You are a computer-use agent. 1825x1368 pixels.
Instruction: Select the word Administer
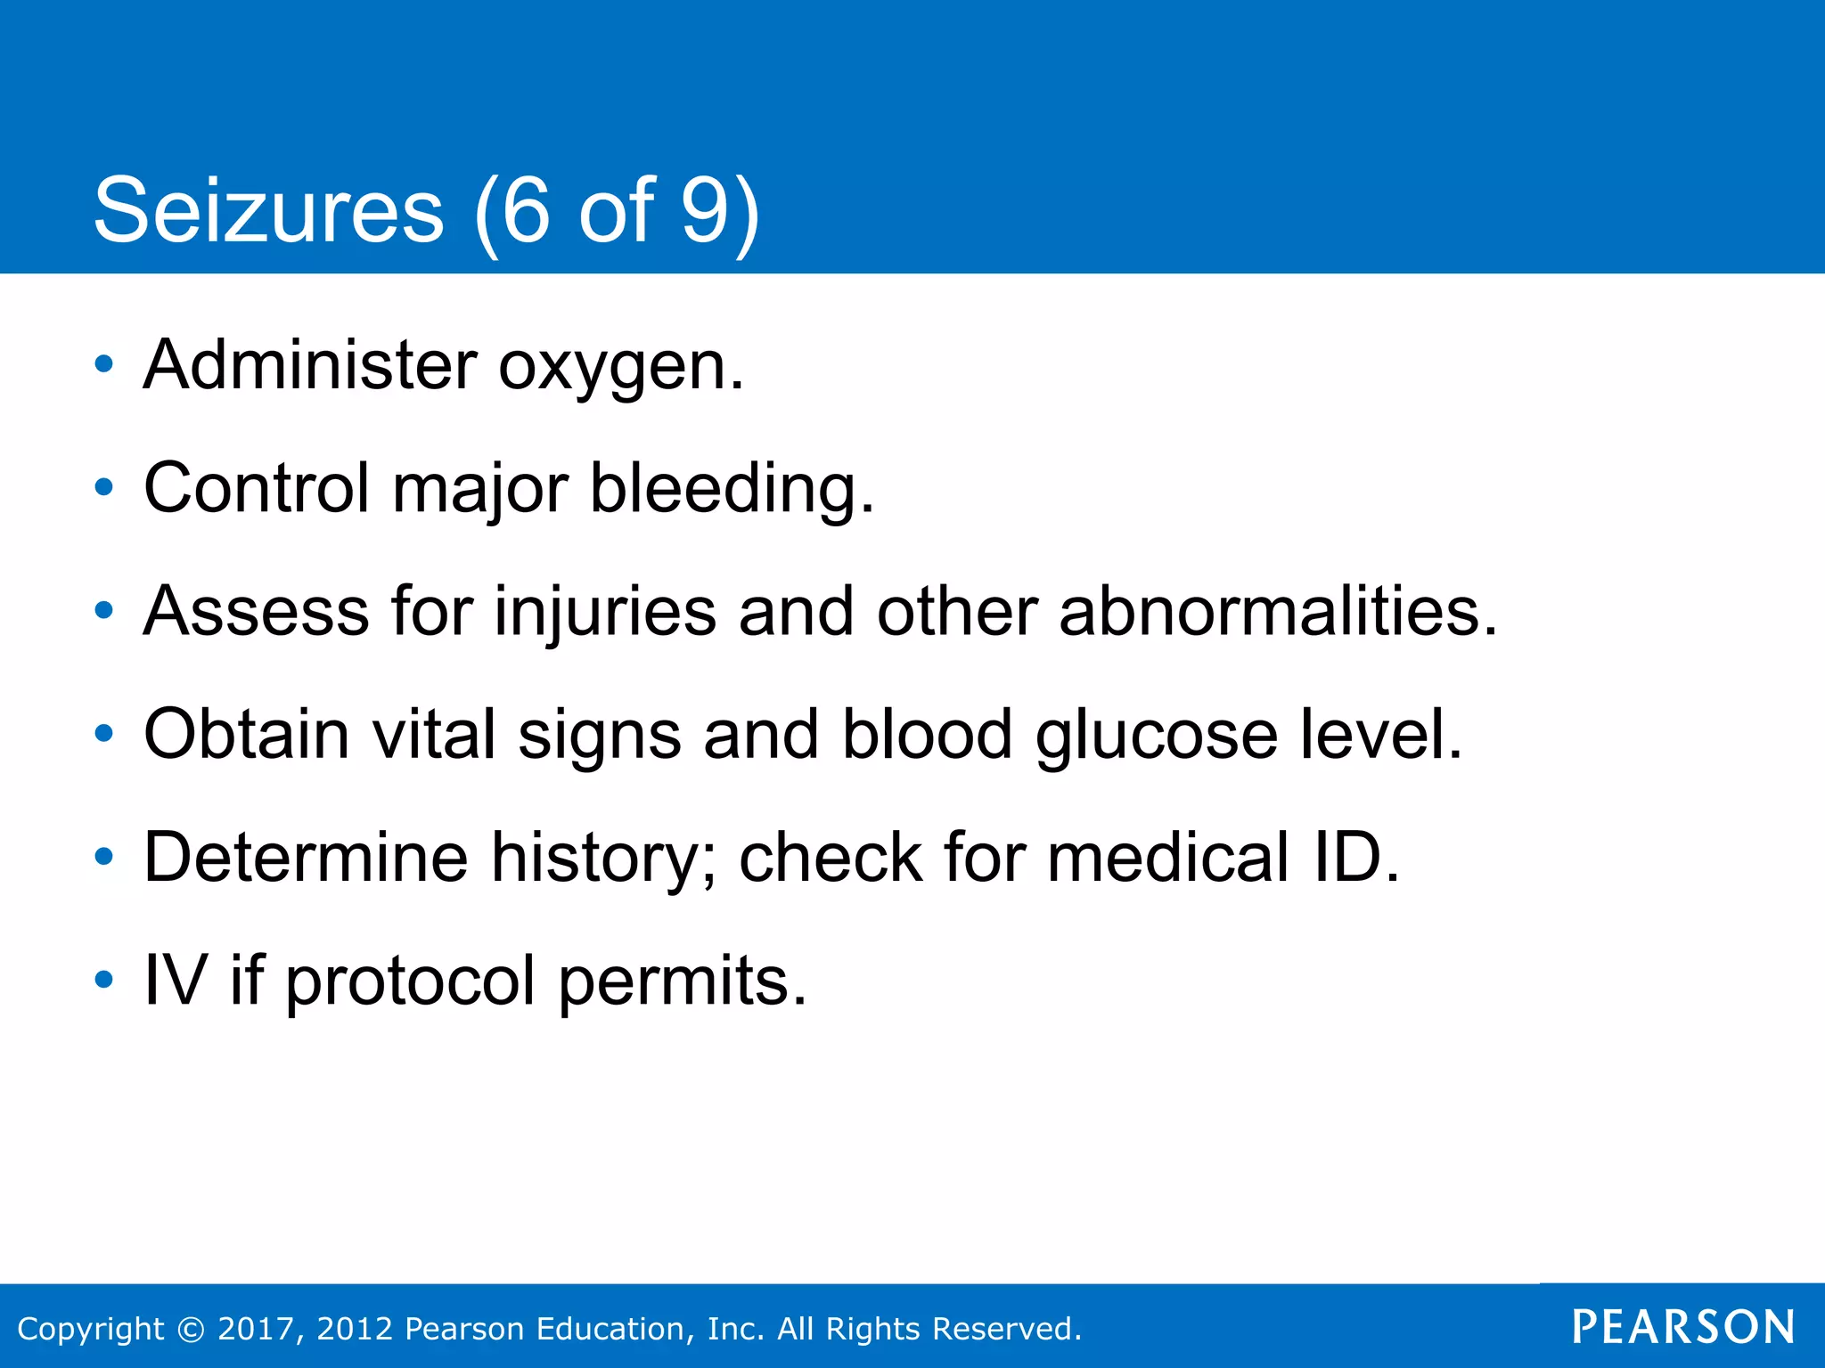[x=310, y=365]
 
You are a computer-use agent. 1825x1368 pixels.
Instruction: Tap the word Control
[x=257, y=488]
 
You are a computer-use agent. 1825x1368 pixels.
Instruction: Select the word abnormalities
[x=1278, y=611]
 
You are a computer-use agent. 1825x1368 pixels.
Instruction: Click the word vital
[x=433, y=734]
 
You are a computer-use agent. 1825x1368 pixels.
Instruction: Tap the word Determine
[x=306, y=857]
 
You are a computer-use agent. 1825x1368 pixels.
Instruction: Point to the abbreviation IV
[x=176, y=980]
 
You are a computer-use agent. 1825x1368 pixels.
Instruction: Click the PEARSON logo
[x=1682, y=1327]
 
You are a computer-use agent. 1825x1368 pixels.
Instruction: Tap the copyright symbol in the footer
[x=191, y=1329]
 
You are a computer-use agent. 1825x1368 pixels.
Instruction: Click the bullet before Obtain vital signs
[x=104, y=734]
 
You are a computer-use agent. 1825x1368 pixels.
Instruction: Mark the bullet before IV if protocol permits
[x=104, y=980]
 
